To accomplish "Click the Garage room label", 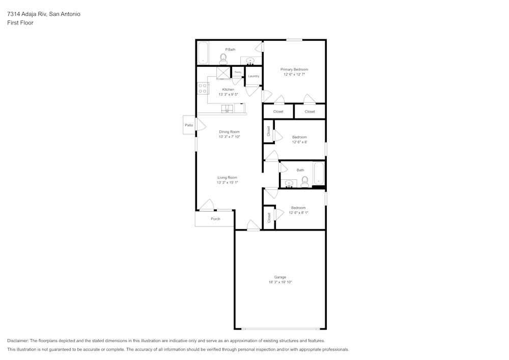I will coord(280,277).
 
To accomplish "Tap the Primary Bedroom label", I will coord(294,69).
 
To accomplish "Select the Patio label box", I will coord(189,125).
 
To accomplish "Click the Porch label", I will coord(215,219).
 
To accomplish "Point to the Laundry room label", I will coord(253,76).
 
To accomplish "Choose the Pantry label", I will coord(237,72).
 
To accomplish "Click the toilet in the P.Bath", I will coord(223,59).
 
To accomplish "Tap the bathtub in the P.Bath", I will coord(203,52).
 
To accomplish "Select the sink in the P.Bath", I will coord(250,61).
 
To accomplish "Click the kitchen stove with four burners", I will coord(203,89).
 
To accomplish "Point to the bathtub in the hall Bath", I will coord(319,174).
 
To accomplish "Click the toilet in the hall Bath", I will coord(305,181).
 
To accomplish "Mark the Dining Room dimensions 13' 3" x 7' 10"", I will coord(229,136).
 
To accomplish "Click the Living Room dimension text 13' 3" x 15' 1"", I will coord(227,182).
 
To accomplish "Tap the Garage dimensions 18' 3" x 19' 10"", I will coord(280,282).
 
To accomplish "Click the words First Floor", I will coord(20,23).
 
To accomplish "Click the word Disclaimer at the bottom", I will coord(18,341).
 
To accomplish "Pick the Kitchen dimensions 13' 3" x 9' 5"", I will coord(228,94).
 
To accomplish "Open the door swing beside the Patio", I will coord(201,125).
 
